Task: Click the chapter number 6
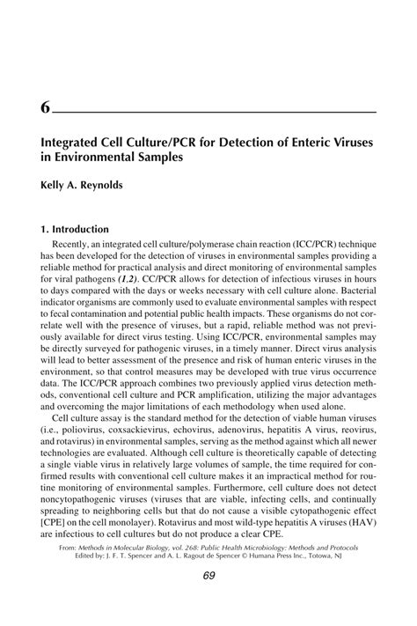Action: (x=44, y=108)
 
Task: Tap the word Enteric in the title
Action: (x=307, y=141)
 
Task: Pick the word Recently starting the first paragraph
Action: (x=74, y=242)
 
